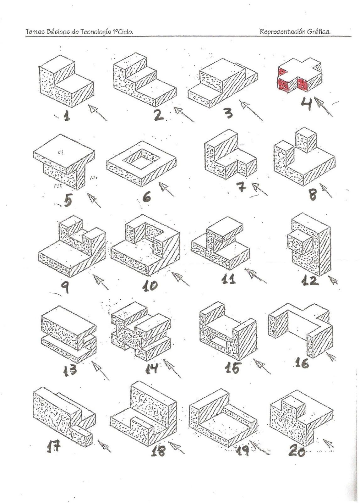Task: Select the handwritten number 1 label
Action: click(x=66, y=116)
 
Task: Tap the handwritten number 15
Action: click(x=232, y=368)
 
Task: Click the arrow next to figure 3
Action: click(x=251, y=110)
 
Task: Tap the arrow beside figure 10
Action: click(x=180, y=279)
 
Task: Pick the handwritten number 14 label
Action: click(x=151, y=368)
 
